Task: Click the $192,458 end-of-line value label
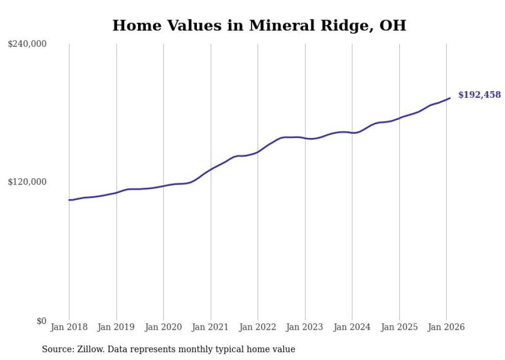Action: coord(479,95)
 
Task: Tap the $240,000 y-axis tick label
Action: coord(27,44)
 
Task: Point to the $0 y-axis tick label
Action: coord(41,321)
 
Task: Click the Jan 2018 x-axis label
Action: coord(69,328)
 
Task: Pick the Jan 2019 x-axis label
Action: coord(116,328)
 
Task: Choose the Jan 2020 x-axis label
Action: coord(163,328)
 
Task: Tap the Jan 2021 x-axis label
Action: coord(211,328)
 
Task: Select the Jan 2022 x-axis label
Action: coord(258,328)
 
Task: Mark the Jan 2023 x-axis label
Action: coord(305,328)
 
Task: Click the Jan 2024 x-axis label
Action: coord(352,328)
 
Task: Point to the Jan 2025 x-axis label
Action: coord(399,328)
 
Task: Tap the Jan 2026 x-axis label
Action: coord(446,328)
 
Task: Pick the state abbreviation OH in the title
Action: coord(394,26)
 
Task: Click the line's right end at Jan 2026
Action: coord(450,98)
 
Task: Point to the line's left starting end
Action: coord(70,200)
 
